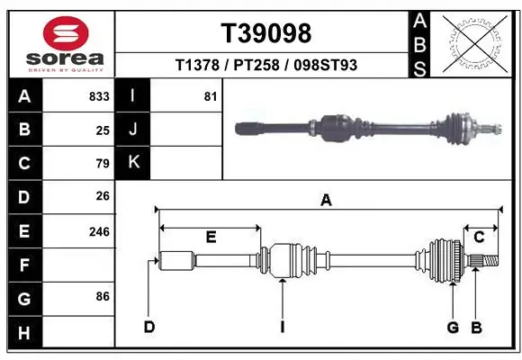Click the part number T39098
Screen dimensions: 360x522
click(266, 33)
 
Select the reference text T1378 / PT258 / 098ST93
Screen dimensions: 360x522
click(266, 65)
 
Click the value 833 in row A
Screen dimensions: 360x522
click(99, 96)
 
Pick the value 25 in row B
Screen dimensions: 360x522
click(103, 130)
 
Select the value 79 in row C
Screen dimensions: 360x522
click(103, 164)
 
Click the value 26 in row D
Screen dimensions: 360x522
click(103, 196)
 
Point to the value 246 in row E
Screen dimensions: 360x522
click(99, 231)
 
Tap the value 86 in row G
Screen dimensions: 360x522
click(103, 296)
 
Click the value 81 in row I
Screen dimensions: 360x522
click(211, 96)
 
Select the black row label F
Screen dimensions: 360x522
click(23, 265)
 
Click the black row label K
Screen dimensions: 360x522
click(133, 163)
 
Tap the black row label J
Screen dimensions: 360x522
click(133, 130)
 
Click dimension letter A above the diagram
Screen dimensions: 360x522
click(326, 201)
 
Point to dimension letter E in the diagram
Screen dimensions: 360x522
click(210, 237)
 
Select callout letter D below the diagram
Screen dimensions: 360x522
click(149, 327)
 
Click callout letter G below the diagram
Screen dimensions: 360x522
click(454, 327)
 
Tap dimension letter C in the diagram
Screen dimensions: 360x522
click(479, 237)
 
